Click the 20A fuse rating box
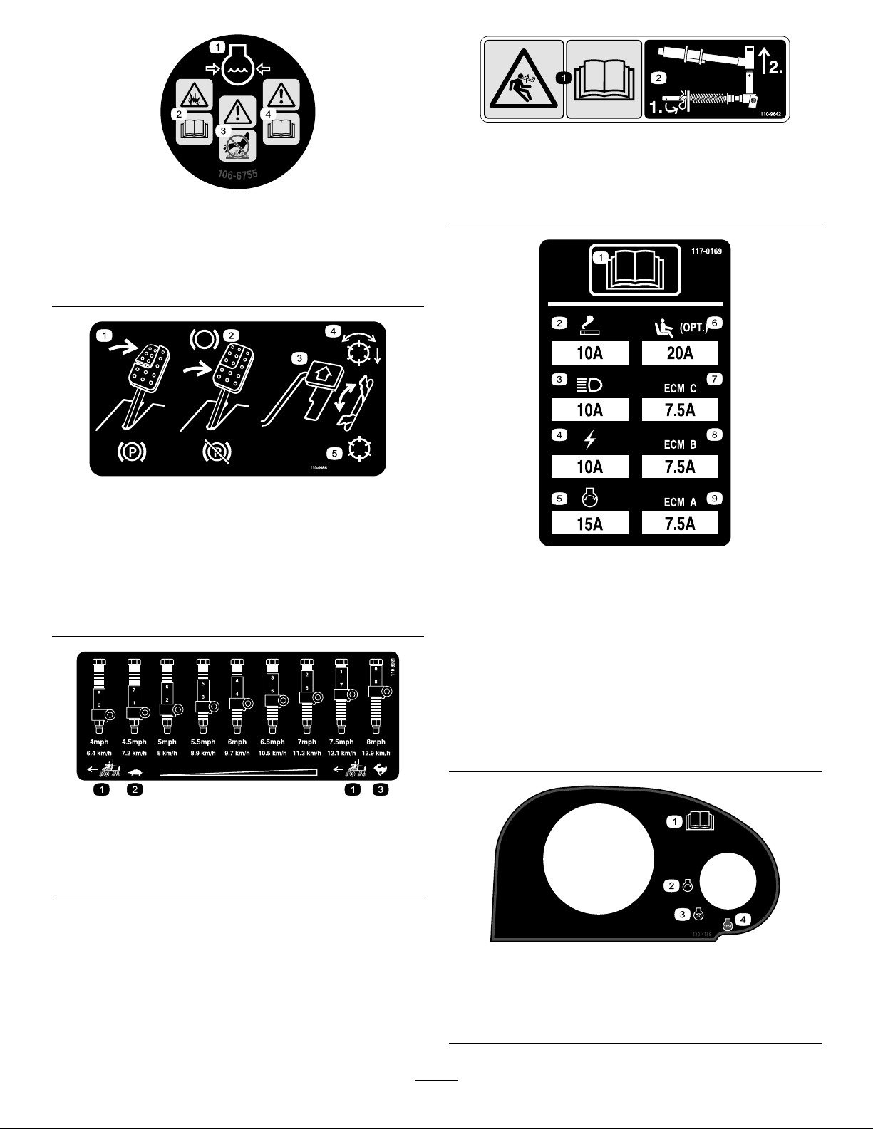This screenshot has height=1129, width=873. pos(680,353)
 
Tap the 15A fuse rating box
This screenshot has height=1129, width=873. pos(589,524)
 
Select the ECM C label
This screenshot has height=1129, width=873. pos(680,388)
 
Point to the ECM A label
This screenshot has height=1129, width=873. pos(680,502)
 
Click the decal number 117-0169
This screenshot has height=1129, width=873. pos(706,251)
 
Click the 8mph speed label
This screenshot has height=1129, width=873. pos(376,742)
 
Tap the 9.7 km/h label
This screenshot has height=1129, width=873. pos(237,753)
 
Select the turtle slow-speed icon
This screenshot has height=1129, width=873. pos(134,771)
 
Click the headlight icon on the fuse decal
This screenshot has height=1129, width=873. pos(589,386)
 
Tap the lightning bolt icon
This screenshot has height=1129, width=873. pos(589,442)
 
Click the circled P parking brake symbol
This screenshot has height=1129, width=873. pos(133,452)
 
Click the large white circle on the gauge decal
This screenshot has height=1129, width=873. pos(599,858)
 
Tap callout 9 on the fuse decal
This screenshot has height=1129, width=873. pos(714,499)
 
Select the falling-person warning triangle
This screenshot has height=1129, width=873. pos(523,80)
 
